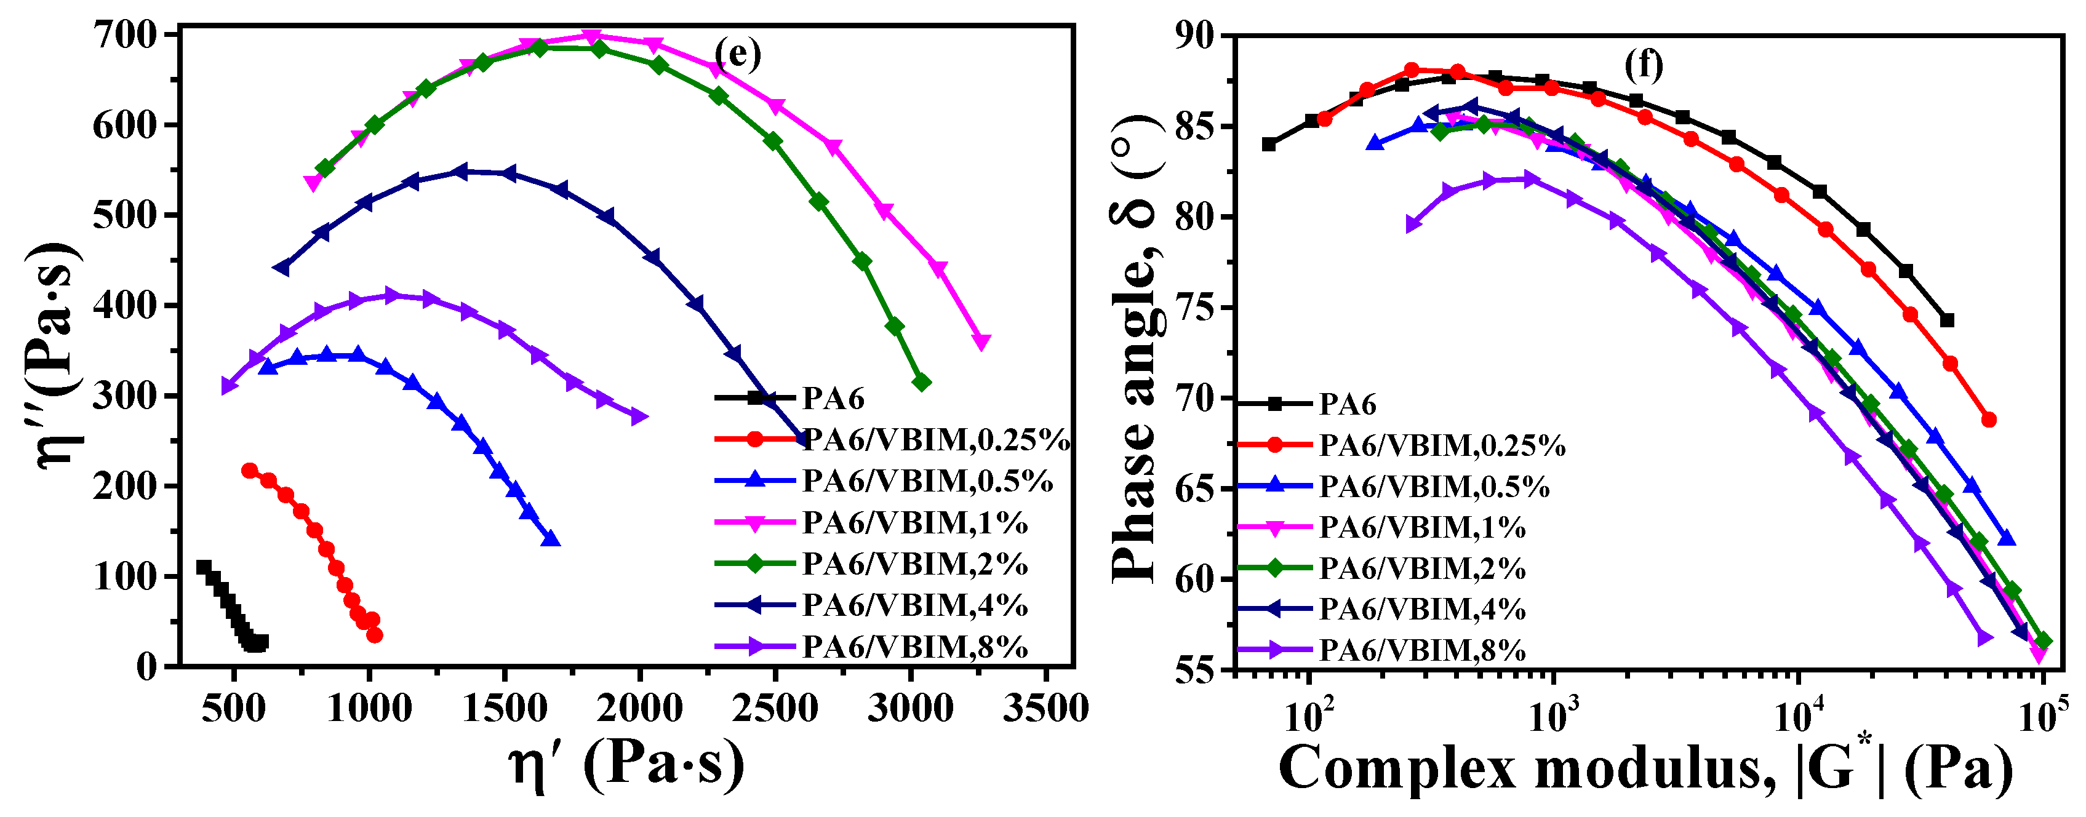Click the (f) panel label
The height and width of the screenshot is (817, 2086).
click(x=1643, y=64)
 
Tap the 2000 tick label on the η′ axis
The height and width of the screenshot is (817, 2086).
click(x=641, y=709)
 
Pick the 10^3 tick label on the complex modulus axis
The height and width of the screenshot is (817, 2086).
click(x=1553, y=714)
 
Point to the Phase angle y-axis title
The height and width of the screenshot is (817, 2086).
click(x=1136, y=348)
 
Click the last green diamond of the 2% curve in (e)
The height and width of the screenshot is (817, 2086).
click(x=921, y=382)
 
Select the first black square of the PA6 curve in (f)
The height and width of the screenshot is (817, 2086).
click(x=1269, y=144)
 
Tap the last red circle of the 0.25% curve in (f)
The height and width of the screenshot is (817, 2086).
click(x=1989, y=420)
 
